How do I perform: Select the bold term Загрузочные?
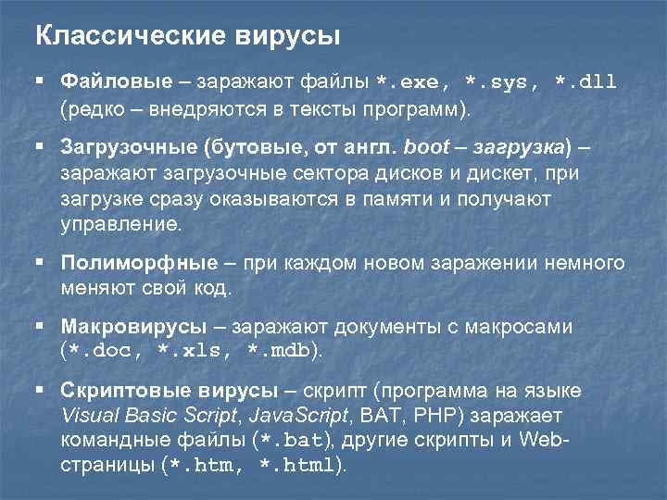tap(120, 148)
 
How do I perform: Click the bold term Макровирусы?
tap(133, 327)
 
